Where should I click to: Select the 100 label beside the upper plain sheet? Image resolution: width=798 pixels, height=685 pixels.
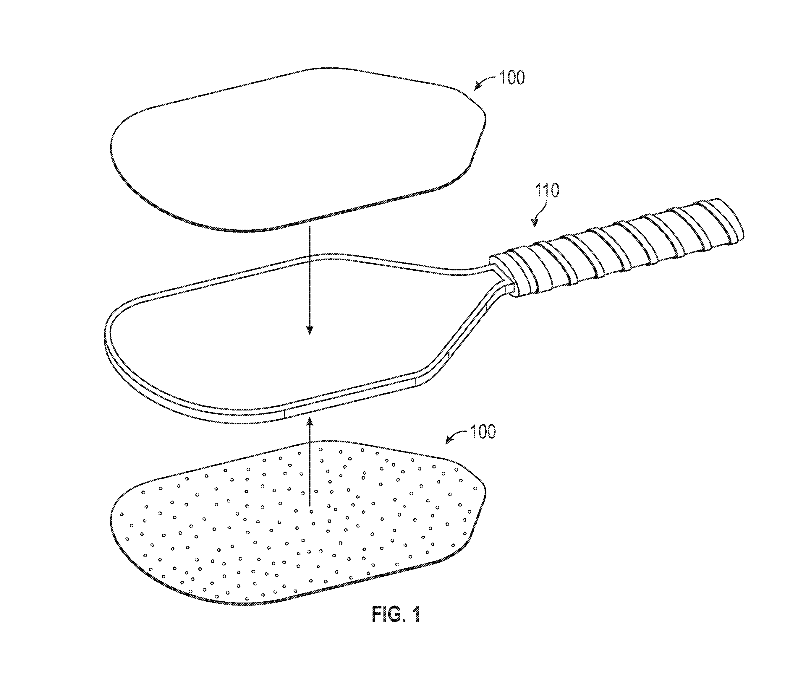[512, 78]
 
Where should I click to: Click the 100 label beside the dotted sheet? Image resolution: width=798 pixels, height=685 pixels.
[483, 432]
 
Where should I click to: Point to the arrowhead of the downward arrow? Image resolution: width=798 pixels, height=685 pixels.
[309, 329]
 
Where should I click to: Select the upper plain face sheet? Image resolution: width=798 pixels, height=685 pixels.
[297, 150]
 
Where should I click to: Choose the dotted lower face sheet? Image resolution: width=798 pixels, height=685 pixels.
[297, 523]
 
